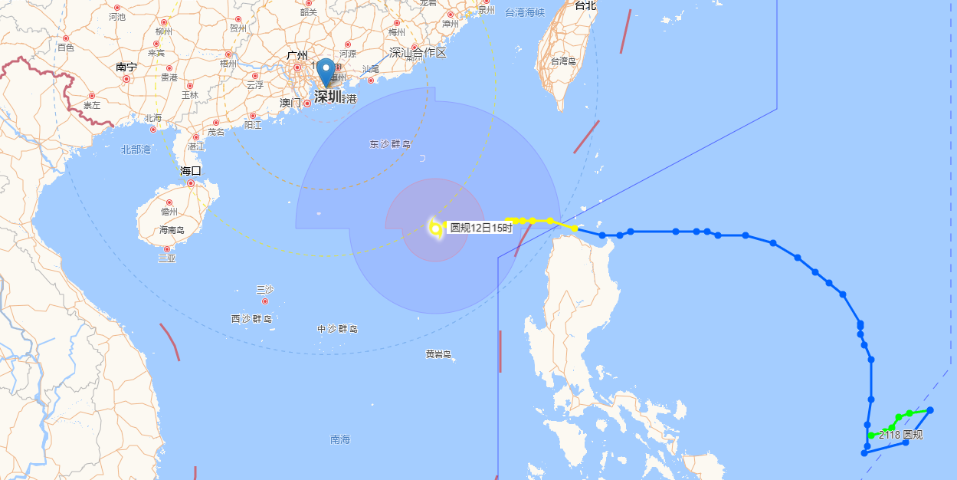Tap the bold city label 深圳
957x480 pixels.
pos(328,97)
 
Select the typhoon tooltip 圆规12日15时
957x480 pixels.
pos(480,228)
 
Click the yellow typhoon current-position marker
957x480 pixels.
pos(435,228)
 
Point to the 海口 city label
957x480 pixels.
pos(191,171)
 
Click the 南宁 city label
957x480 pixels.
pos(126,67)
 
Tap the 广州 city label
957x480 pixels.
pos(297,56)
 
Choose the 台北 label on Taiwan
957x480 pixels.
pos(585,5)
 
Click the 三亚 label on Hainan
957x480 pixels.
pos(167,258)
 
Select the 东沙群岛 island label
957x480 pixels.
pos(390,144)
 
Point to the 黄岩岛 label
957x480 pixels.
pos(439,353)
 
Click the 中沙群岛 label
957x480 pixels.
pos(338,329)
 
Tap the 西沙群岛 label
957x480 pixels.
pos(252,318)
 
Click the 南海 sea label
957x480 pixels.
pos(340,439)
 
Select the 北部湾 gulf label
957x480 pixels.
pos(136,150)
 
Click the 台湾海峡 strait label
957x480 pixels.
pos(525,12)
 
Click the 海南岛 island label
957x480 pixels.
pos(173,230)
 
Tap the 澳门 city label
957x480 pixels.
pos(290,102)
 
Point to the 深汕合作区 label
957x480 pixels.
pos(418,53)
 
